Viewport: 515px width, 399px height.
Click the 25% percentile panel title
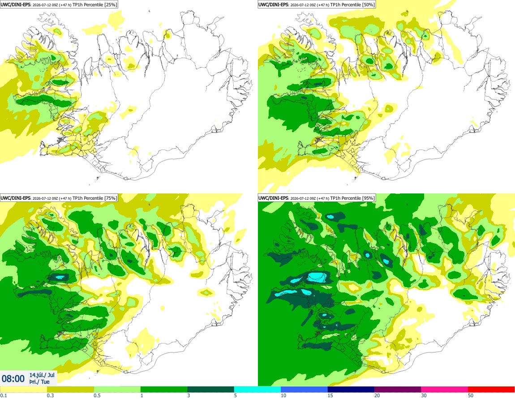coord(59,4)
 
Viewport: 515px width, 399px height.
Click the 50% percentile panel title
coord(317,4)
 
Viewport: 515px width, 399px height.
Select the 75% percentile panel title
coord(59,198)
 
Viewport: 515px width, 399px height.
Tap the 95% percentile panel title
coord(317,198)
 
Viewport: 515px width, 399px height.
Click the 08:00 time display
coord(13,379)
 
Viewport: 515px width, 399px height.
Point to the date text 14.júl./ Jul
coord(42,375)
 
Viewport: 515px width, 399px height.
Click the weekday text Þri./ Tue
coord(39,382)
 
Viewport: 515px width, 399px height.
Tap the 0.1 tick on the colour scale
coord(4,395)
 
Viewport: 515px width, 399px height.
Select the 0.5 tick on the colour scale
coord(97,395)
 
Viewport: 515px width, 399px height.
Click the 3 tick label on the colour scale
coord(189,395)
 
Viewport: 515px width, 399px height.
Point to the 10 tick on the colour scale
coord(283,395)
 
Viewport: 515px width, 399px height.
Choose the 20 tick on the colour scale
coord(377,395)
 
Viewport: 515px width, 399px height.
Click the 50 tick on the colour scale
coord(471,395)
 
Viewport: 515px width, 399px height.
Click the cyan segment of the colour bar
coord(257,390)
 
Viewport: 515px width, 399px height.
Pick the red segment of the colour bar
coord(491,390)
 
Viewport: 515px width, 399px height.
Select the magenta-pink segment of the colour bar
coord(444,390)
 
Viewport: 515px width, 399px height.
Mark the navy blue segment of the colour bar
coord(351,390)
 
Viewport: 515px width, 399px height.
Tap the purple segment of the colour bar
coord(398,390)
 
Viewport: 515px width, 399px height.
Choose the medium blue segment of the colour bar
coord(304,390)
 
